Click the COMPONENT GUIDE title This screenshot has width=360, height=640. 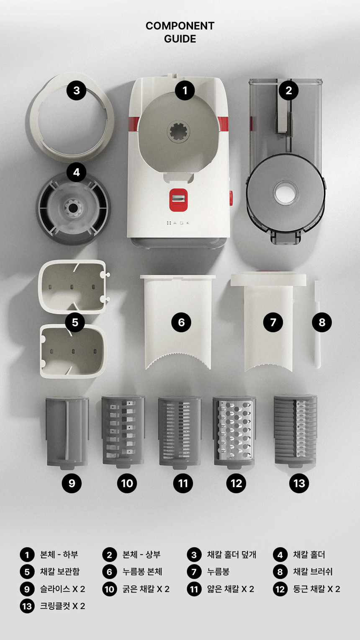180,32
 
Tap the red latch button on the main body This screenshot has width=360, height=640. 178,200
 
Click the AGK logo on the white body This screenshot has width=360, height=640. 178,223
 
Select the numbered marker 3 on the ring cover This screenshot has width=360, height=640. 77,90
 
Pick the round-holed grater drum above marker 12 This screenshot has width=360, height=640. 234,432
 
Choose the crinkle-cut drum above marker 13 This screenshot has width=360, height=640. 296,431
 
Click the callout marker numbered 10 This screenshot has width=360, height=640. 127,483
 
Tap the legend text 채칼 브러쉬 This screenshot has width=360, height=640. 313,572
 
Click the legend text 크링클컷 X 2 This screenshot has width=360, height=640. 62,606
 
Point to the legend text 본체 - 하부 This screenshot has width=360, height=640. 59,555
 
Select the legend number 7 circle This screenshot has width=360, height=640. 194,572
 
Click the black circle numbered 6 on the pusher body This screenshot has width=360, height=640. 181,322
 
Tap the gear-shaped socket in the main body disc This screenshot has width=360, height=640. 178,132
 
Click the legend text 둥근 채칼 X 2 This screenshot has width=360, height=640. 316,589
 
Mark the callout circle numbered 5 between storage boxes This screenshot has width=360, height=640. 75,322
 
